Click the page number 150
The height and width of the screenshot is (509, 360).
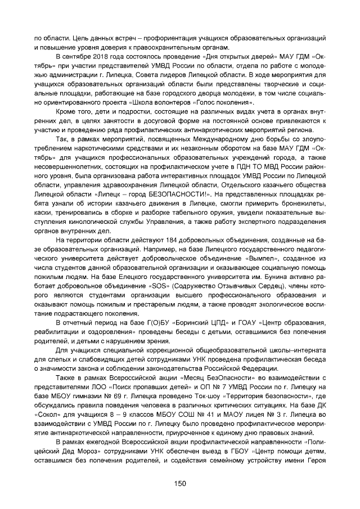click(x=180, y=483)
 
